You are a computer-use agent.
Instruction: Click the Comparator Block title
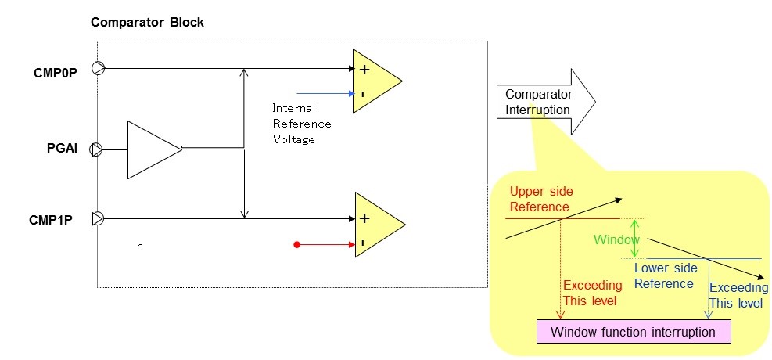click(x=147, y=22)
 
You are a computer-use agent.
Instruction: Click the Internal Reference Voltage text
click(x=301, y=124)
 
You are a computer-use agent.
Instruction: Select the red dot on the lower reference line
click(x=297, y=245)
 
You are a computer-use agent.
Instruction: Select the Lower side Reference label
click(x=665, y=275)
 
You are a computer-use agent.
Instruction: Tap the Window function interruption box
click(x=633, y=332)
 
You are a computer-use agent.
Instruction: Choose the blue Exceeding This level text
click(x=738, y=295)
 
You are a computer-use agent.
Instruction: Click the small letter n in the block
click(x=140, y=247)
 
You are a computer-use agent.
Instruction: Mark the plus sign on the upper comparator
click(x=364, y=70)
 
